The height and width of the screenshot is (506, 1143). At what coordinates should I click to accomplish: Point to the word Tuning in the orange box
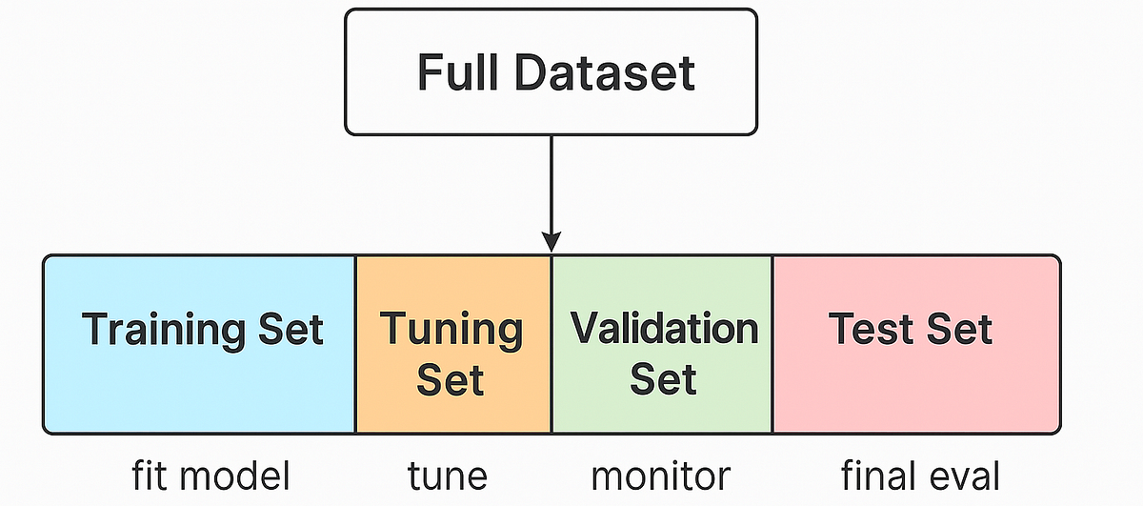[x=451, y=330]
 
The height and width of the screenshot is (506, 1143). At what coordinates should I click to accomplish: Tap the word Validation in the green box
[x=664, y=329]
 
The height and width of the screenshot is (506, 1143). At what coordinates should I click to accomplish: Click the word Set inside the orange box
[x=451, y=380]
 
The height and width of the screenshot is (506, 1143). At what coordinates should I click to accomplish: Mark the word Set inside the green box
[x=663, y=380]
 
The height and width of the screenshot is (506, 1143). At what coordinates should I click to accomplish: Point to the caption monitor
[x=660, y=475]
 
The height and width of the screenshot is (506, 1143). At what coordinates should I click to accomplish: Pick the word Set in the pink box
[x=958, y=330]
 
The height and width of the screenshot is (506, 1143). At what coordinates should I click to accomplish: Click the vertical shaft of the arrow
[x=551, y=181]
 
